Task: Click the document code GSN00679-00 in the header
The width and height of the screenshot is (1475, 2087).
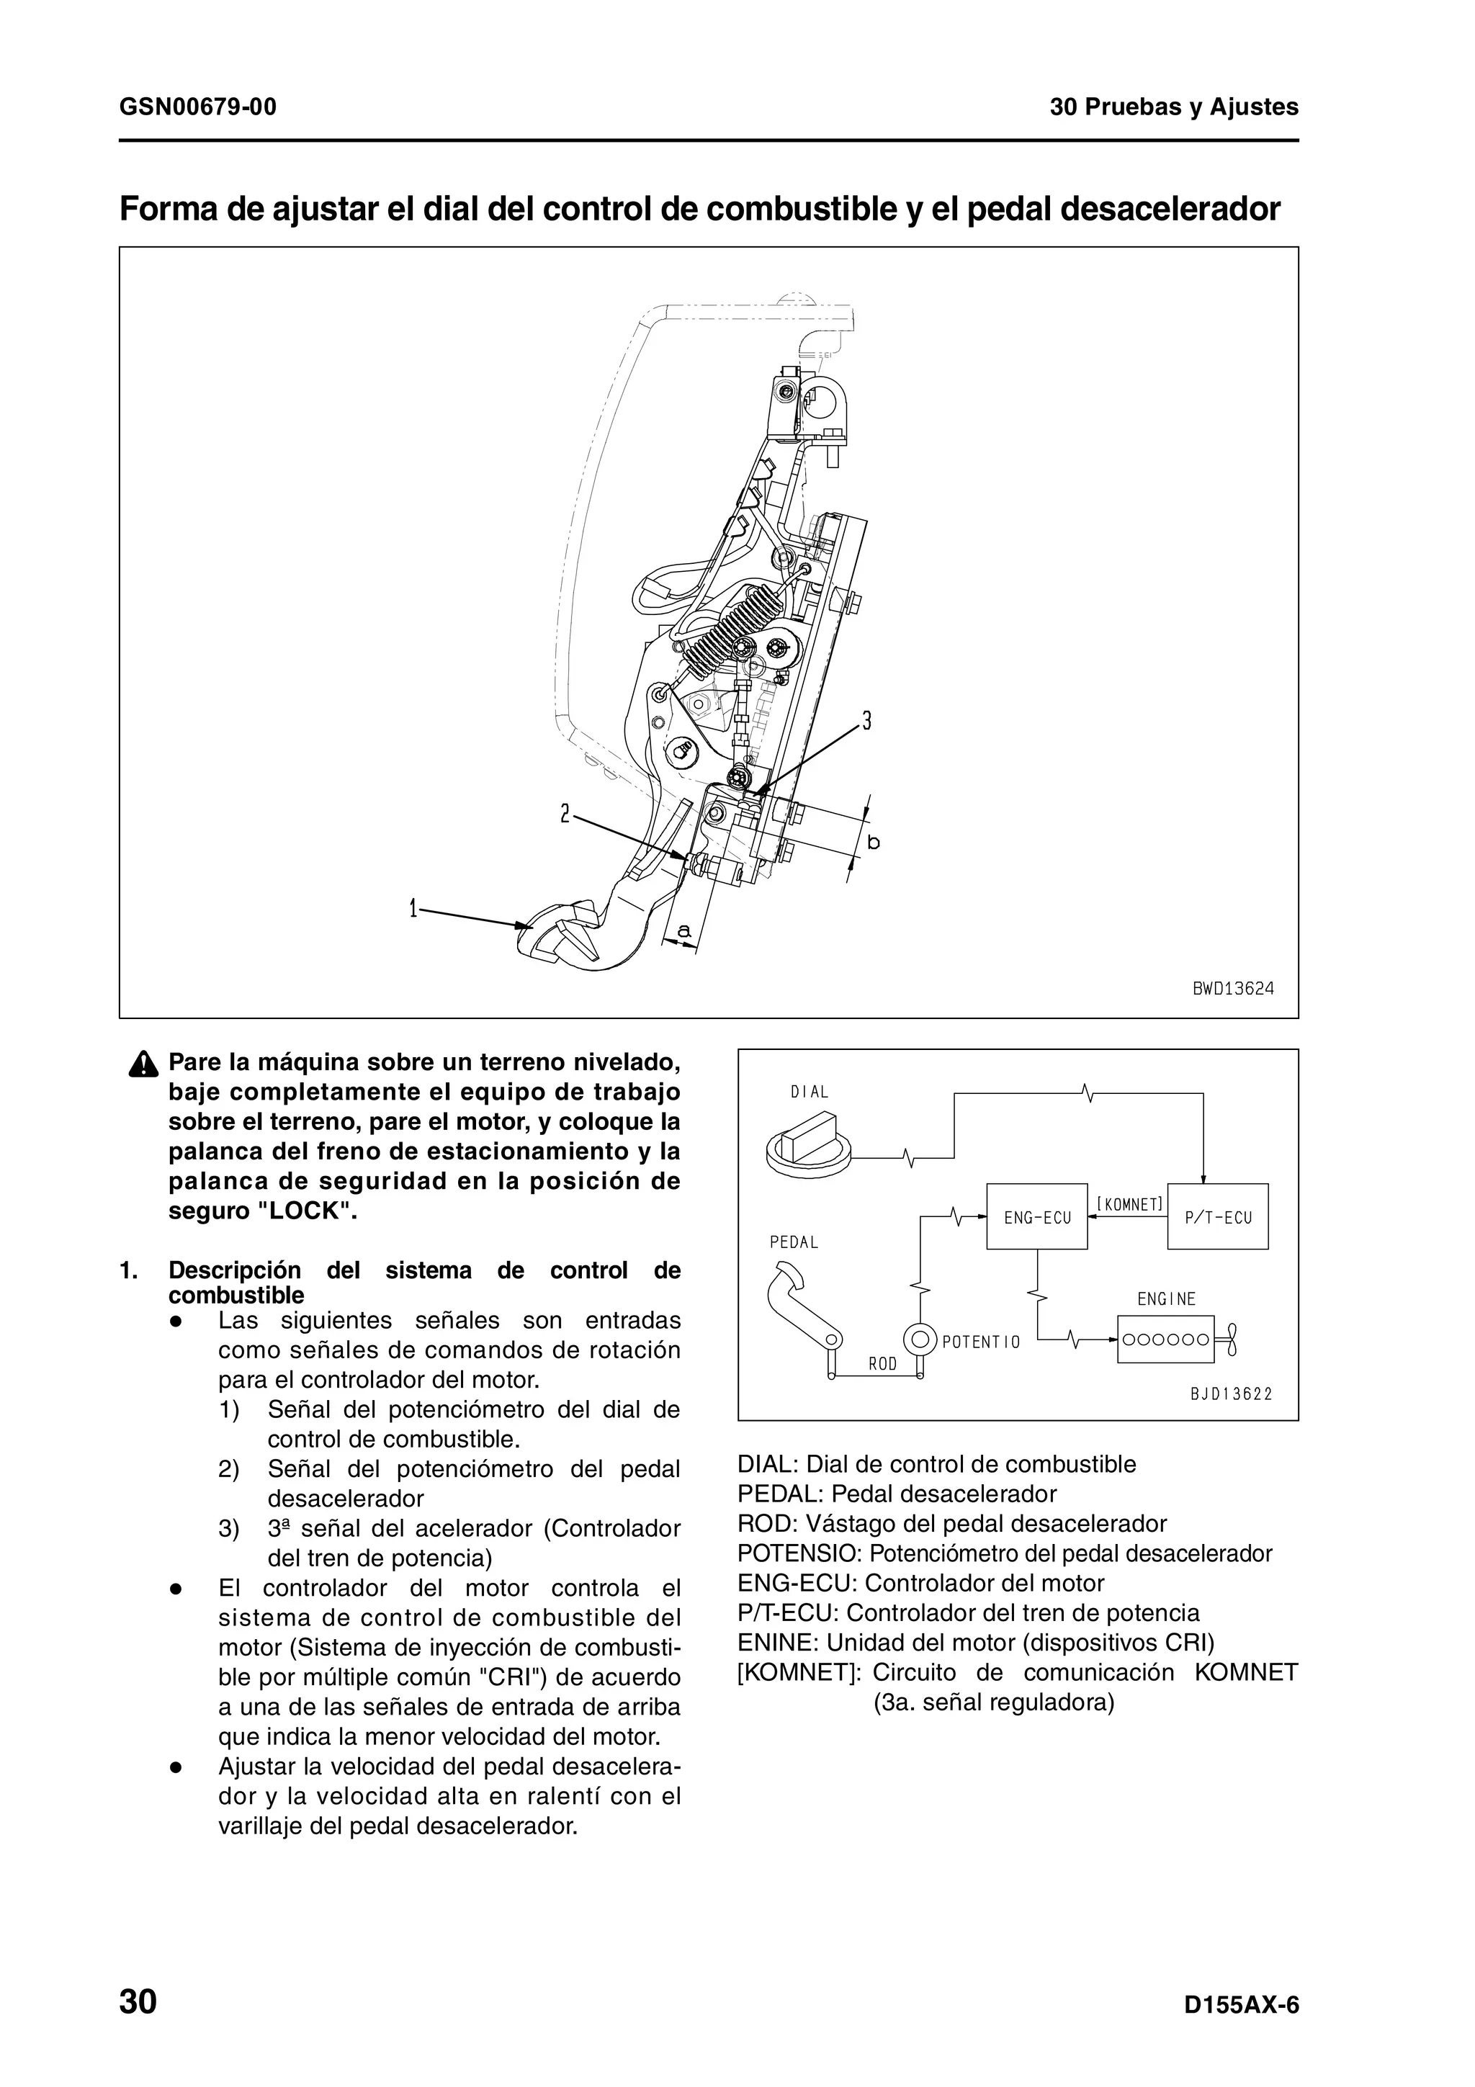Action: [x=198, y=107]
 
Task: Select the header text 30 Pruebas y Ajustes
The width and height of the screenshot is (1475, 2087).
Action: [x=1174, y=107]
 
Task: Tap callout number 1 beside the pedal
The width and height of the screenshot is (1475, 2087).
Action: [x=413, y=908]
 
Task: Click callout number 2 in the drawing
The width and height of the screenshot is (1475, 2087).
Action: [x=565, y=814]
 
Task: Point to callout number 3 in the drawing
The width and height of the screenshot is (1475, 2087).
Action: [x=867, y=721]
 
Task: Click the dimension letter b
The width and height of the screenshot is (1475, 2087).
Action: [x=874, y=843]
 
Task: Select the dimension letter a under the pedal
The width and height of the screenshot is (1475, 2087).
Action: [x=684, y=930]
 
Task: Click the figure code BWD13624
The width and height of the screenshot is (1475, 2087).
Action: [x=1232, y=988]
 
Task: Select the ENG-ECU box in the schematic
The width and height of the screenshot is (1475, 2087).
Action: [x=1037, y=1217]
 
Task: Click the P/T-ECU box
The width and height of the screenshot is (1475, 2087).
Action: [x=1217, y=1217]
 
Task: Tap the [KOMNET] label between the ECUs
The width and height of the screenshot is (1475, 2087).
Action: [x=1129, y=1204]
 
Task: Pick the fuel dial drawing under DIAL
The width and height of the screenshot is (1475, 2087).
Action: [x=808, y=1148]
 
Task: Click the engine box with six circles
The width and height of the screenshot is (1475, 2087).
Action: [x=1165, y=1339]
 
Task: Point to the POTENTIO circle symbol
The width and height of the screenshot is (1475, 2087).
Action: [x=920, y=1339]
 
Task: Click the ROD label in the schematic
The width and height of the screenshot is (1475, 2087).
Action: [x=882, y=1363]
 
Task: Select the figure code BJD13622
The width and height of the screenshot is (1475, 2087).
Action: [x=1231, y=1393]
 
